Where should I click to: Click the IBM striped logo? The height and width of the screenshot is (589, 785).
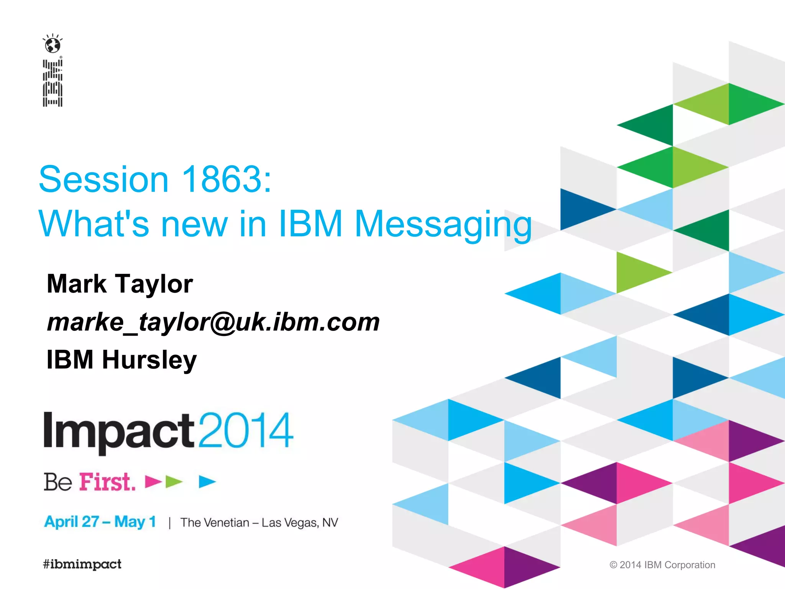pos(53,83)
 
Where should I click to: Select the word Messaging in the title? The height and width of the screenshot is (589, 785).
pos(443,225)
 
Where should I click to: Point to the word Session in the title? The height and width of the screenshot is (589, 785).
pos(103,179)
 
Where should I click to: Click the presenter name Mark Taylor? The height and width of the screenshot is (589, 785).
pos(120,284)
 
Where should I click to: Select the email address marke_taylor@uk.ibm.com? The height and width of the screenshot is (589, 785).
pos(213,322)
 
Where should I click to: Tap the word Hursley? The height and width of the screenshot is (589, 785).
pos(149,360)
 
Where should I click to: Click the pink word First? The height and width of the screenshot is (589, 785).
pos(107,482)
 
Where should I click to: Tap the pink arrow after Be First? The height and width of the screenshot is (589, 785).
pos(153,482)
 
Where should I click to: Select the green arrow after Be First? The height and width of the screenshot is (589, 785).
pos(174,482)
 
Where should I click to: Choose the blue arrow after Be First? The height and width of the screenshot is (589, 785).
pos(207,482)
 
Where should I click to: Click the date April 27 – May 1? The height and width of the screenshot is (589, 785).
pos(100,522)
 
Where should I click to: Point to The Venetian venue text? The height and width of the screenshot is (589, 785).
pos(215,523)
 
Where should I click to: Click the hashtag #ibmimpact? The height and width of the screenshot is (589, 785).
pos(82,564)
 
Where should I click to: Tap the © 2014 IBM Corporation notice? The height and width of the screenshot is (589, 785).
pos(662,565)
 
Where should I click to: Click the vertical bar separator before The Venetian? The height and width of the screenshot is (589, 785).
pos(169,523)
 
